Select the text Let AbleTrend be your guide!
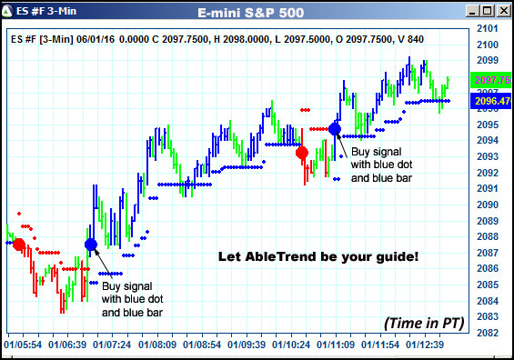[318, 256]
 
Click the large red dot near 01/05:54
[17, 245]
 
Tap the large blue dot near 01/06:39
[91, 245]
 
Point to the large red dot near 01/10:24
[302, 153]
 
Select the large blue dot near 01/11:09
[335, 129]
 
